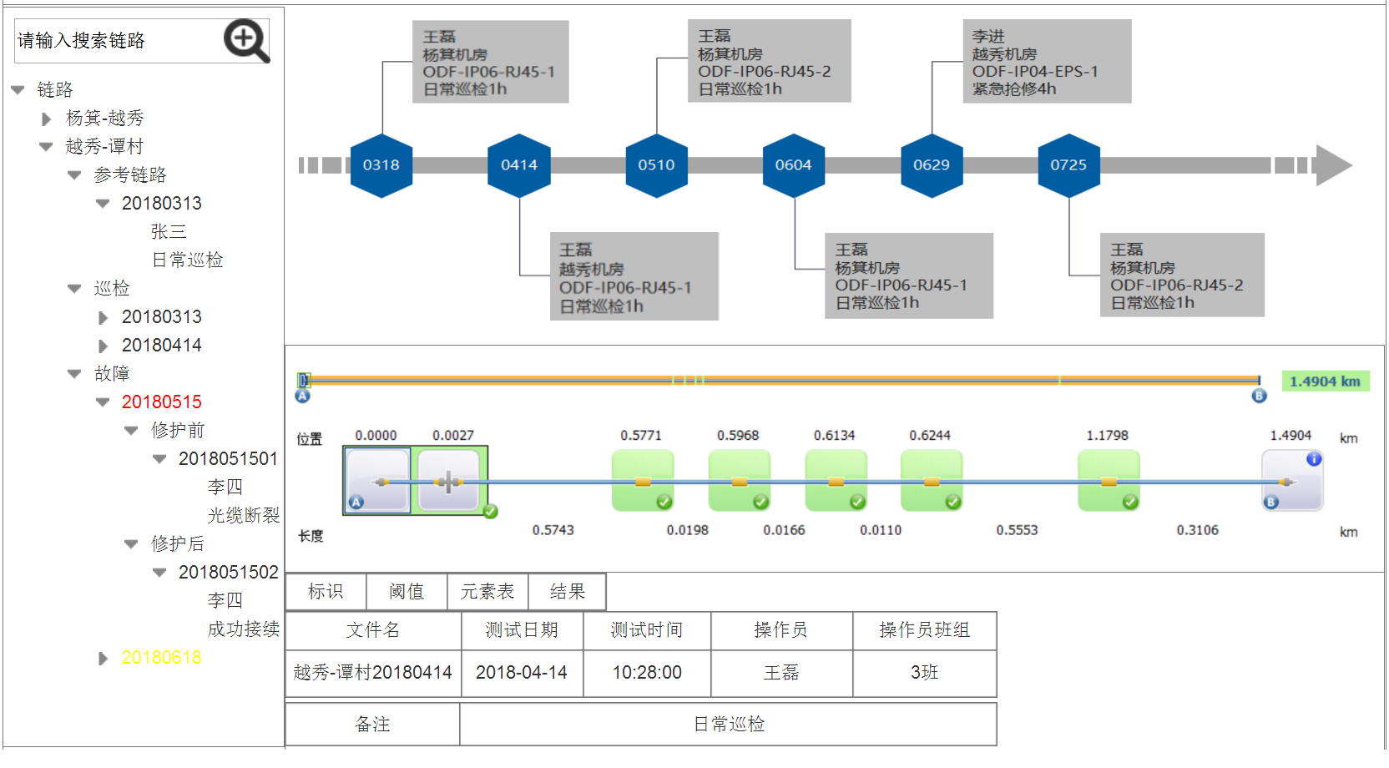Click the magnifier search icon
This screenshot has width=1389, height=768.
[246, 41]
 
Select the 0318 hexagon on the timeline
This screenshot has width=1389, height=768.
[381, 165]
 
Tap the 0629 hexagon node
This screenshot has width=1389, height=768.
[932, 165]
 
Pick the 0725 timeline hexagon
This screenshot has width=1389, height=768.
[1068, 165]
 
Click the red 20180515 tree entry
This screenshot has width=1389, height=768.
[161, 402]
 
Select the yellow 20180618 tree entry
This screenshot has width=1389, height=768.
[161, 658]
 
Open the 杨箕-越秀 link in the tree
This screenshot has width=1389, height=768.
[104, 119]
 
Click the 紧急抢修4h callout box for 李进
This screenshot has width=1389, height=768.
[1047, 62]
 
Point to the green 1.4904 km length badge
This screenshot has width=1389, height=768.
[1325, 381]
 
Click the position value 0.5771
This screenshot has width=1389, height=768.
[641, 436]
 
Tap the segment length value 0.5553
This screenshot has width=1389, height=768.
[1017, 531]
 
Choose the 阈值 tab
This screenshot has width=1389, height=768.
[407, 592]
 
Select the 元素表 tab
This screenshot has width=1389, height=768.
[487, 592]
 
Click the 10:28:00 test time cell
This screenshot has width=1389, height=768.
[647, 673]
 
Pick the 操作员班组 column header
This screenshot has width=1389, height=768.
[924, 630]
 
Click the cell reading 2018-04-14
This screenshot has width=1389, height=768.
[522, 673]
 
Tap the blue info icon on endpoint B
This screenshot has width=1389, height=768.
[1314, 459]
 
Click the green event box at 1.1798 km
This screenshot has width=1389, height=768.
[1109, 481]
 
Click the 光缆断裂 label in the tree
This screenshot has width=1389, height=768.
[243, 516]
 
